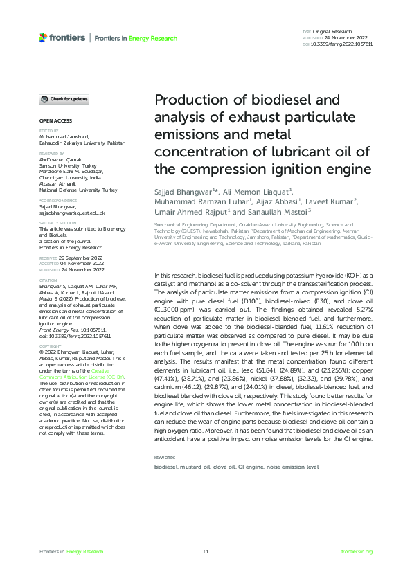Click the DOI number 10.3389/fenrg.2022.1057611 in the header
click(x=342, y=44)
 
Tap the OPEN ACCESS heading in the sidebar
click(x=53, y=121)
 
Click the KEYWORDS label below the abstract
click(x=164, y=458)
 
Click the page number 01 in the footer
click(x=206, y=551)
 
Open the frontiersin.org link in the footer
click(x=357, y=551)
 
